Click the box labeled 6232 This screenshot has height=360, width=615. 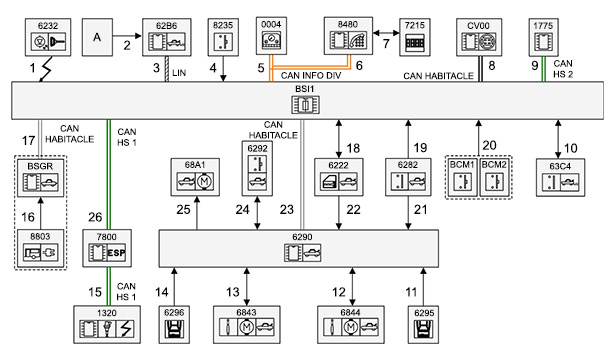[48, 37]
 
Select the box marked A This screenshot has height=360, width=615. [97, 37]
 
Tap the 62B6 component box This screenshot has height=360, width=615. [167, 37]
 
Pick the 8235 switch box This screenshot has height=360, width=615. [223, 37]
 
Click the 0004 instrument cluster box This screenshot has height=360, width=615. [271, 36]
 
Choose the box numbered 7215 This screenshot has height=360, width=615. [415, 37]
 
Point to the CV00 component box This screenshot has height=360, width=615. [479, 37]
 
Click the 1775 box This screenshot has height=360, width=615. [543, 37]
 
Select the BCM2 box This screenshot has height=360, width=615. [494, 177]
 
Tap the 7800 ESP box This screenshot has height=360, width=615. [107, 248]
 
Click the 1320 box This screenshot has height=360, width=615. [107, 325]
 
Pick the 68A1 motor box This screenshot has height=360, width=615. [195, 177]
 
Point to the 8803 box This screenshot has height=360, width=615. [40, 248]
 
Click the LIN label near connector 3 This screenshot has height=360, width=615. [179, 73]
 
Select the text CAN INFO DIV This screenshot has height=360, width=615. [311, 75]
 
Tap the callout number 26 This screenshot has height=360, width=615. [95, 217]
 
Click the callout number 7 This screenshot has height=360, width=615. [386, 44]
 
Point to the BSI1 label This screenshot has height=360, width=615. [305, 89]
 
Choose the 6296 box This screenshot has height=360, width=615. [174, 325]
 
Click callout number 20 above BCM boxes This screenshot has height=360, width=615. [489, 145]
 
